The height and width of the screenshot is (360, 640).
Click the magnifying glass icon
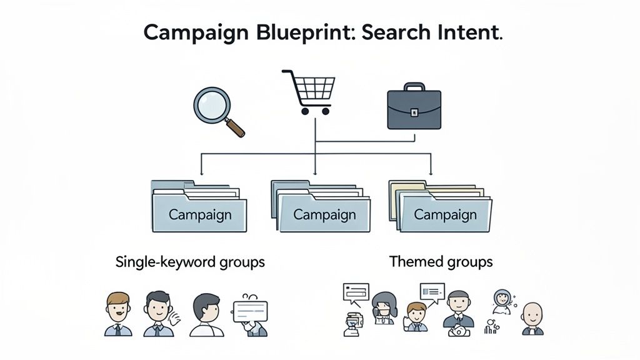[x=219, y=112]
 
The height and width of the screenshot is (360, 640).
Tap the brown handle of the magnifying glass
[x=235, y=127]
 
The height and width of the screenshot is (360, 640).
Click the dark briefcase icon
[x=414, y=106]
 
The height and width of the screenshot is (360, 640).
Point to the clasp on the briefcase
[x=414, y=112]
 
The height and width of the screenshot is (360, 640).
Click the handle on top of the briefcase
[x=414, y=86]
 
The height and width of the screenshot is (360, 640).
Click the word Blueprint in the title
[x=303, y=32]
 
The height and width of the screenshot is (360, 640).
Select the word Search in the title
[x=396, y=32]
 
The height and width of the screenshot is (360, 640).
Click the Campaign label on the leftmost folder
[x=200, y=215]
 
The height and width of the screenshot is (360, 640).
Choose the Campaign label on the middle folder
[x=324, y=215]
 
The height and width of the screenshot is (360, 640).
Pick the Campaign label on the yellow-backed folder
[x=445, y=215]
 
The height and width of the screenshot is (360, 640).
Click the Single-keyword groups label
[x=190, y=262]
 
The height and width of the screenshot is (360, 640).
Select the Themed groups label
[x=441, y=261]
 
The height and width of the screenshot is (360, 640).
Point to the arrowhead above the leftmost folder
[x=201, y=172]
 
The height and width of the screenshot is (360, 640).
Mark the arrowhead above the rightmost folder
[x=431, y=172]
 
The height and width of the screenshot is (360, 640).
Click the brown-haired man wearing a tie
[x=118, y=314]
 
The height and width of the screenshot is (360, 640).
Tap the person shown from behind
[x=206, y=315]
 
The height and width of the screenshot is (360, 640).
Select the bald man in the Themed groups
[x=532, y=319]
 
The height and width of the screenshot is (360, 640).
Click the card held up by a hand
[x=250, y=311]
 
